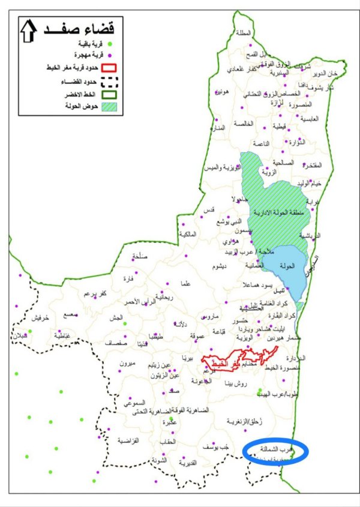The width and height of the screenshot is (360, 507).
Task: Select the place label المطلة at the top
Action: click(x=245, y=33)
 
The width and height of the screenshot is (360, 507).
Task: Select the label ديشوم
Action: click(x=218, y=266)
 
